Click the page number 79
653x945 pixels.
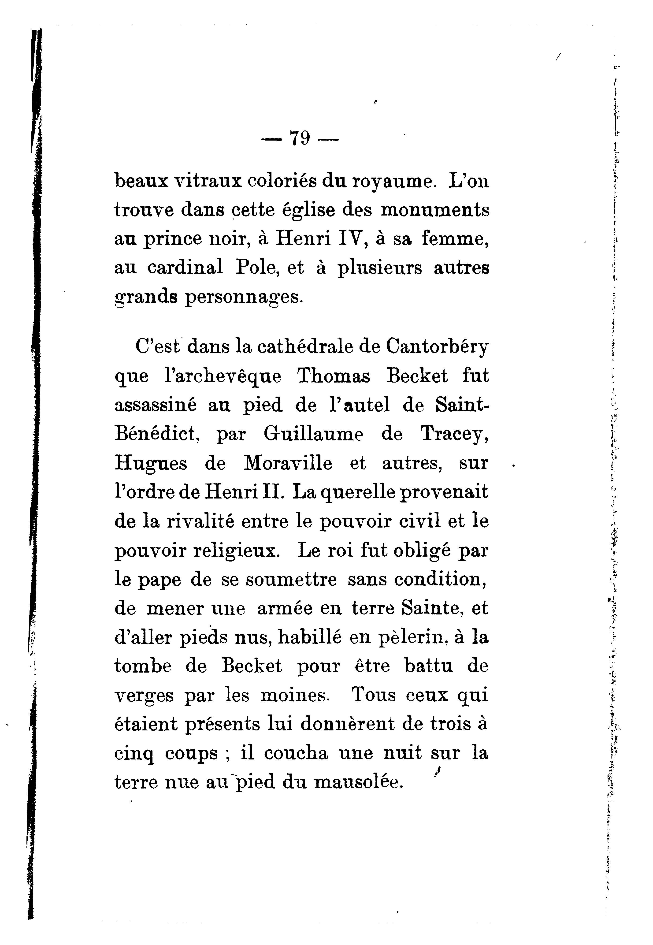(x=300, y=138)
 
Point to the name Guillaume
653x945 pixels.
(x=313, y=434)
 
